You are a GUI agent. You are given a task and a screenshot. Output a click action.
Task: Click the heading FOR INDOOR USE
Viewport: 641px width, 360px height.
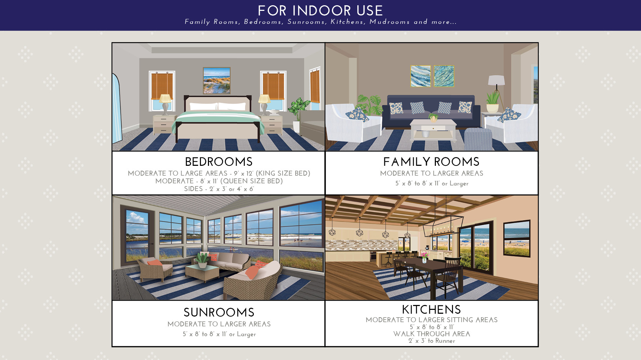[x=320, y=11]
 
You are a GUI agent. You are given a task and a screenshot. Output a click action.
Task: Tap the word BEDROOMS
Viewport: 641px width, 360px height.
[x=219, y=162]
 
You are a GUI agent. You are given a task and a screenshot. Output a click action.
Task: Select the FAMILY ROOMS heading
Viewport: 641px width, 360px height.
[x=431, y=162]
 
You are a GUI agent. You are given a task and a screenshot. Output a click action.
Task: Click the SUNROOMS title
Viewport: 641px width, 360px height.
[x=219, y=312]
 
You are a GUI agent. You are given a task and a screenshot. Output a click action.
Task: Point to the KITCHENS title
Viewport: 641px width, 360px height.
[x=431, y=310]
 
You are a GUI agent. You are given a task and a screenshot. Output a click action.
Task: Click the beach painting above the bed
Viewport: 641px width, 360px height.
[x=217, y=81]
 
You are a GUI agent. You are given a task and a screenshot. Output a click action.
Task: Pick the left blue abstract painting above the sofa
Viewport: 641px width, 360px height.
[x=420, y=76]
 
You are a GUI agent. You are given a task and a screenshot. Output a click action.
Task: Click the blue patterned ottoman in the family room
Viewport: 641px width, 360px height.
[x=478, y=139]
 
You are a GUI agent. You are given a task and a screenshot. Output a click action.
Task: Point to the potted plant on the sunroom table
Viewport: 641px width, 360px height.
[x=202, y=260]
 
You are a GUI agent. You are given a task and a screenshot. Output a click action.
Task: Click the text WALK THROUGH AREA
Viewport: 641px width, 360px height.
[x=432, y=334]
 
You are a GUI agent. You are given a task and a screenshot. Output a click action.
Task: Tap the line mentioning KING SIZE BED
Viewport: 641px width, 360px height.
[x=219, y=173]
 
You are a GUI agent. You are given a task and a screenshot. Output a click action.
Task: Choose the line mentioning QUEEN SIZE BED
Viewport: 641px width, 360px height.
[x=219, y=181]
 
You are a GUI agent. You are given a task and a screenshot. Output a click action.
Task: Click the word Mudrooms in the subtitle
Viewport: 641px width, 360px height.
[x=389, y=22]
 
